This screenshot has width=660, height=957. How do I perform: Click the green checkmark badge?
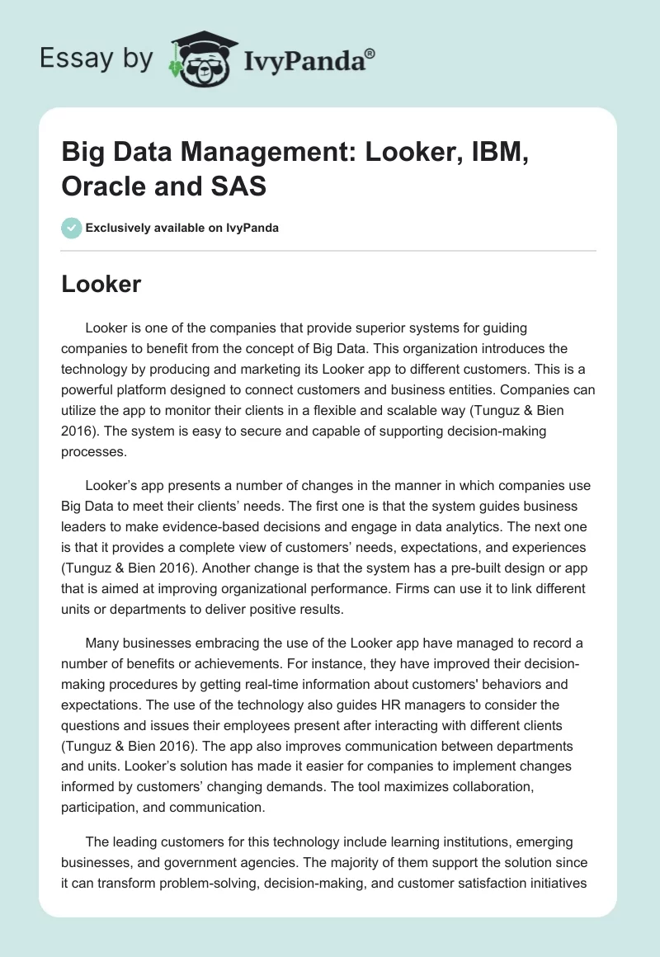72,228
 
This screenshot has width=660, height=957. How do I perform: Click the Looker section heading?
101,285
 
